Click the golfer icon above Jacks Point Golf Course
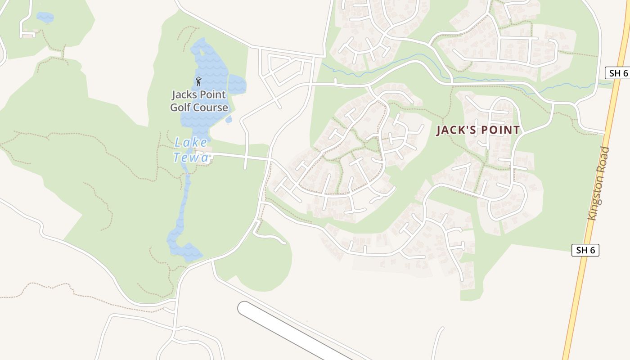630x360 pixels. pos(198,81)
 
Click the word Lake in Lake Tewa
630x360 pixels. pos(191,143)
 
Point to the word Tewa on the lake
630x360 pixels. pos(192,157)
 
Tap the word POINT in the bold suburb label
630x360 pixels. pos(499,130)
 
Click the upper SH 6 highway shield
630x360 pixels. pos(616,73)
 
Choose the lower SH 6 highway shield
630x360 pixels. pos(585,250)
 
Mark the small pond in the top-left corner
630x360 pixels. pos(45,18)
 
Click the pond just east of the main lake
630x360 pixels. pos(237,84)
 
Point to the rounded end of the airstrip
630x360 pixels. pos(245,309)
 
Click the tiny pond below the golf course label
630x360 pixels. pos(229,120)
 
